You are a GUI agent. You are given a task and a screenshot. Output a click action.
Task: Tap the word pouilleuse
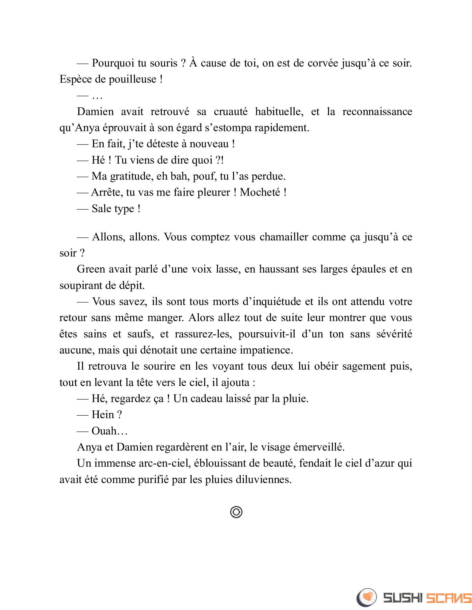(132, 79)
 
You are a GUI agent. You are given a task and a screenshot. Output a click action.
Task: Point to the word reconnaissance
(377, 112)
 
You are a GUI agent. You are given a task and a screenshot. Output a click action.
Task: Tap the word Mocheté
(260, 192)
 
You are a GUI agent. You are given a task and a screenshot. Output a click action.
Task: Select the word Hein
(103, 415)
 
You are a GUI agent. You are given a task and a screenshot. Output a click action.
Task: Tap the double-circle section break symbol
(236, 512)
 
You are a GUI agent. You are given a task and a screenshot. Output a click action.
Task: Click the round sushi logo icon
(366, 598)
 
